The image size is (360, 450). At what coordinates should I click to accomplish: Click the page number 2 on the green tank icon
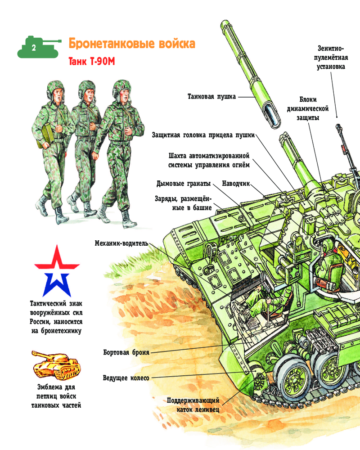pyautogui.click(x=34, y=48)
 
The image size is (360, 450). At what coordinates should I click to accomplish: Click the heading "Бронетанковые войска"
pyautogui.click(x=132, y=44)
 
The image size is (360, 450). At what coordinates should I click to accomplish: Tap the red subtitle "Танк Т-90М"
pyautogui.click(x=92, y=61)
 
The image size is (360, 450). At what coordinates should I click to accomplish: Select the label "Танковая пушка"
pyautogui.click(x=211, y=96)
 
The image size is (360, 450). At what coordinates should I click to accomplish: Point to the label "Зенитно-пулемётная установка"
pyautogui.click(x=331, y=58)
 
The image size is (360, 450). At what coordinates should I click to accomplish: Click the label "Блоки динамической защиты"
pyautogui.click(x=308, y=108)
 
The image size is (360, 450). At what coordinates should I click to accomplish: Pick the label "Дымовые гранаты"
pyautogui.click(x=184, y=184)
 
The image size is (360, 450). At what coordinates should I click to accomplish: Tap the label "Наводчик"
pyautogui.click(x=236, y=184)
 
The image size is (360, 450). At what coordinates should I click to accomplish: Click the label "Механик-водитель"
pyautogui.click(x=121, y=243)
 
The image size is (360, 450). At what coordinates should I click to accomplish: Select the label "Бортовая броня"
pyautogui.click(x=126, y=352)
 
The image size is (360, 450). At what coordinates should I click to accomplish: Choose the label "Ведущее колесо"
pyautogui.click(x=126, y=378)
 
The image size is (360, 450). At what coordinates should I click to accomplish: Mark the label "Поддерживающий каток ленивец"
pyautogui.click(x=193, y=405)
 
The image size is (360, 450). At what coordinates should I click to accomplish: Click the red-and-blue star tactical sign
pyautogui.click(x=57, y=271)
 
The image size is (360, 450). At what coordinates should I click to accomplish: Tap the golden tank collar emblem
pyautogui.click(x=56, y=365)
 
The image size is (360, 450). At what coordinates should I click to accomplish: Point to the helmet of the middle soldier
pyautogui.click(x=86, y=88)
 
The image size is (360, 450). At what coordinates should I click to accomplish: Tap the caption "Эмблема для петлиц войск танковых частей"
pyautogui.click(x=56, y=396)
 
